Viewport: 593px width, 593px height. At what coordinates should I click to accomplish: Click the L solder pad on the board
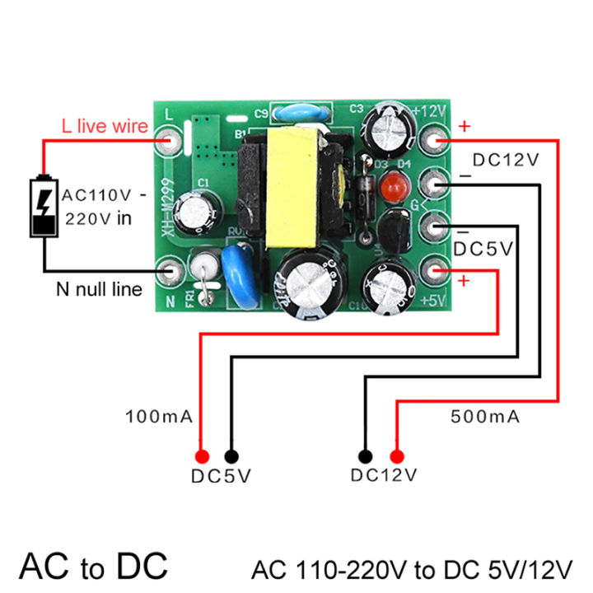[x=171, y=140]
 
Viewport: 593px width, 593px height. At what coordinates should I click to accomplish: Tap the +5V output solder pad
[x=434, y=268]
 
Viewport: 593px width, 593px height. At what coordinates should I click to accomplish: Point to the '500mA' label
[x=485, y=418]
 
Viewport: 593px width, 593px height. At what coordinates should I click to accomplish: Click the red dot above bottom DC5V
[x=200, y=455]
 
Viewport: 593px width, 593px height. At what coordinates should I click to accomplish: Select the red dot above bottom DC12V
[x=396, y=455]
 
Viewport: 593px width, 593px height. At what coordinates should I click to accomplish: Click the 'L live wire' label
[x=105, y=126]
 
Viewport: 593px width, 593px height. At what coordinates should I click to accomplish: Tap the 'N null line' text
[x=99, y=289]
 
